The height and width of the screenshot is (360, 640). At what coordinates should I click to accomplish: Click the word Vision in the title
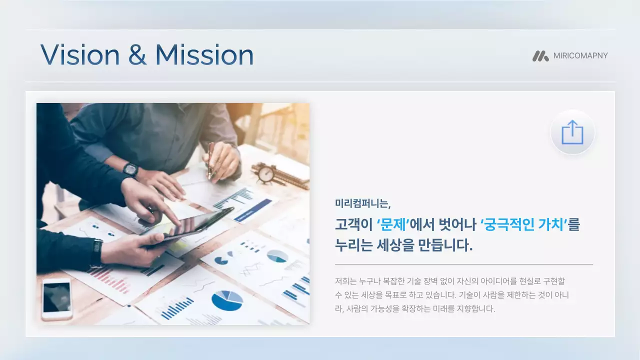click(80, 54)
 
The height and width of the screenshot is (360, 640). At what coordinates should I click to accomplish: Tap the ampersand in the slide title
click(137, 55)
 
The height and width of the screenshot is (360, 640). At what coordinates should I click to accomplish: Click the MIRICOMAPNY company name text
click(580, 56)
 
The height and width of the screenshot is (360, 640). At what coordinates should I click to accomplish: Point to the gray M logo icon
click(540, 56)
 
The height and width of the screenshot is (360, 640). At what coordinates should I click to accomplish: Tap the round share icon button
click(572, 132)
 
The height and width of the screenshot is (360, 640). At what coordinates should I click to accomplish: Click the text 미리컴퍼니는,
click(362, 204)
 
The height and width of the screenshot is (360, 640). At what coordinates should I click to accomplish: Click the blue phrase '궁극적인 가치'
click(523, 225)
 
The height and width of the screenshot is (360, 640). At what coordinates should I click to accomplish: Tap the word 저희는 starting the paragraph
click(345, 281)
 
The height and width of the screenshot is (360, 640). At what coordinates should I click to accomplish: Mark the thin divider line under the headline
click(463, 264)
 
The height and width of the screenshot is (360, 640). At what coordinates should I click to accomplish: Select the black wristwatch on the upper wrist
click(130, 169)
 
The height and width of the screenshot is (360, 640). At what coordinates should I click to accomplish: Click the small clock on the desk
click(266, 173)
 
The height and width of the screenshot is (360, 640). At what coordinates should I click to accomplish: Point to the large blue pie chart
click(227, 300)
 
